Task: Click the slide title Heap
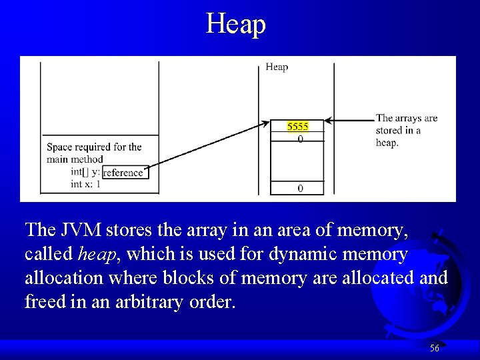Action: (236, 24)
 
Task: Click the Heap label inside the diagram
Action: (277, 67)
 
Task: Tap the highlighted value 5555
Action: (297, 126)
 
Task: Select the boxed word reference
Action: (123, 173)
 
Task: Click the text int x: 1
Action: (85, 184)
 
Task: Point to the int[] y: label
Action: (85, 172)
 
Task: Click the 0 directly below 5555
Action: (300, 139)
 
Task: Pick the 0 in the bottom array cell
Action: (300, 189)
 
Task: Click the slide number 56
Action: (434, 348)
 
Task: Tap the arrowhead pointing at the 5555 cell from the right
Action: (331, 121)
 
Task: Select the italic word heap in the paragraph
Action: (94, 254)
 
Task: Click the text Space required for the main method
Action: (93, 153)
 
